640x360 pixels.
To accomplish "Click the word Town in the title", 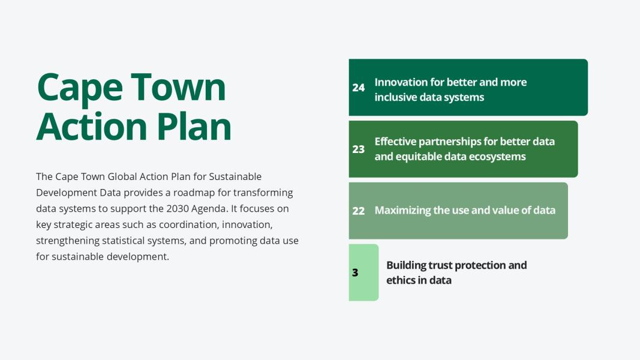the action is (178, 86).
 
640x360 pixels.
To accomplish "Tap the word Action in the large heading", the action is (91, 126).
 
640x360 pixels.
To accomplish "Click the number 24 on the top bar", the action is (358, 88).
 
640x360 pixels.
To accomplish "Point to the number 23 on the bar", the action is (358, 149).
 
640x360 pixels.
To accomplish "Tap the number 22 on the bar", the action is (358, 211).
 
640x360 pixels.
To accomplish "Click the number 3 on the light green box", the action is (355, 272).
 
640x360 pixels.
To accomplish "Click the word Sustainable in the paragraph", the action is (235, 177).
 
